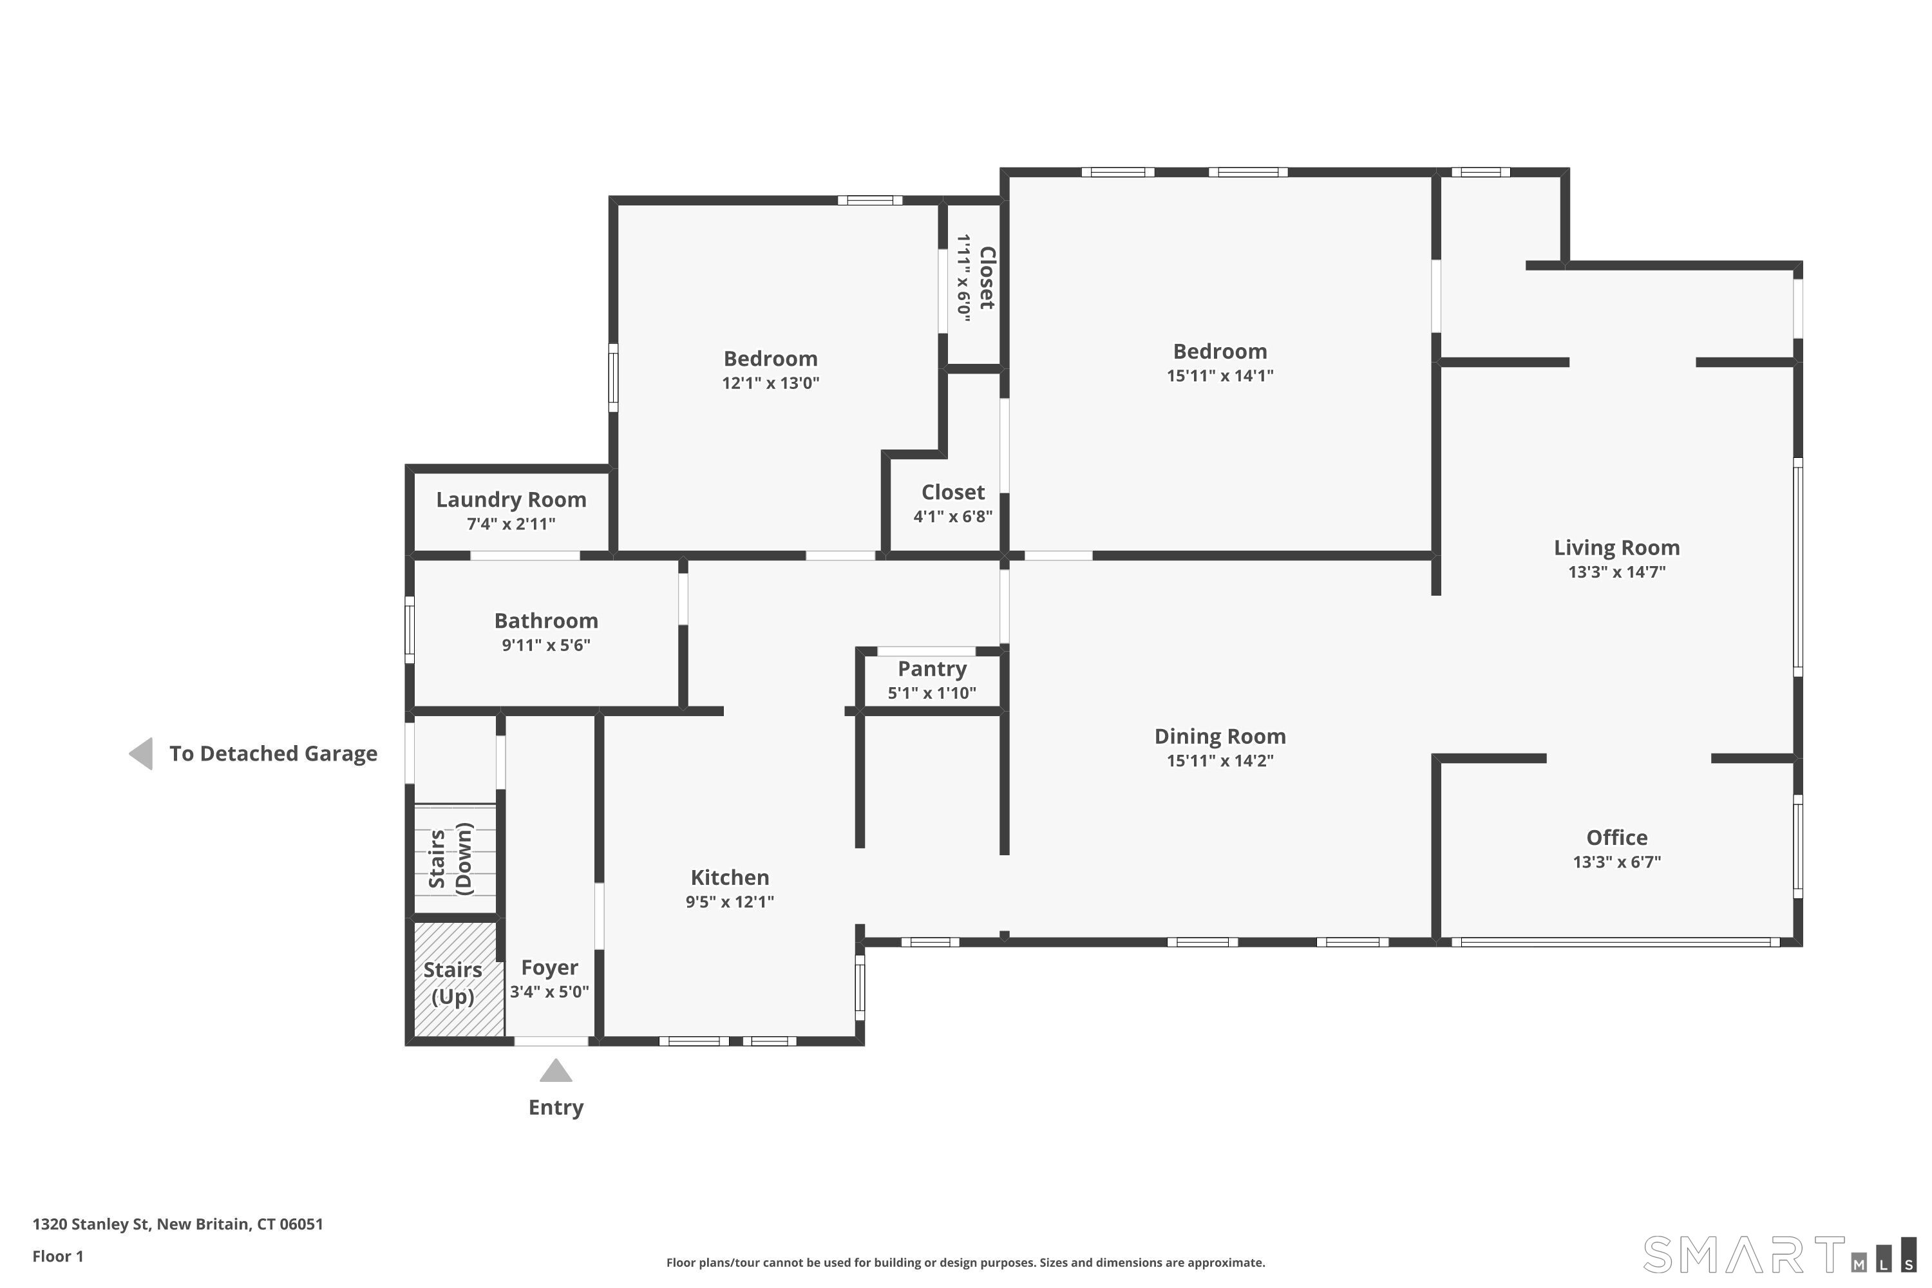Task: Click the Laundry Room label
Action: coord(511,500)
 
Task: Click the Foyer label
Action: coord(549,969)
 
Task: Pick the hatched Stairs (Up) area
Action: coord(459,978)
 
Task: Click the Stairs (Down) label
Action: coord(451,858)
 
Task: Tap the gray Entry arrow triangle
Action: coord(556,1070)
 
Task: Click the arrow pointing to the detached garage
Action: coord(141,754)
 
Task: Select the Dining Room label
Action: coord(1220,737)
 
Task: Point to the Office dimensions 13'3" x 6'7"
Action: coord(1616,862)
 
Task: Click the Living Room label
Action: coord(1616,548)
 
